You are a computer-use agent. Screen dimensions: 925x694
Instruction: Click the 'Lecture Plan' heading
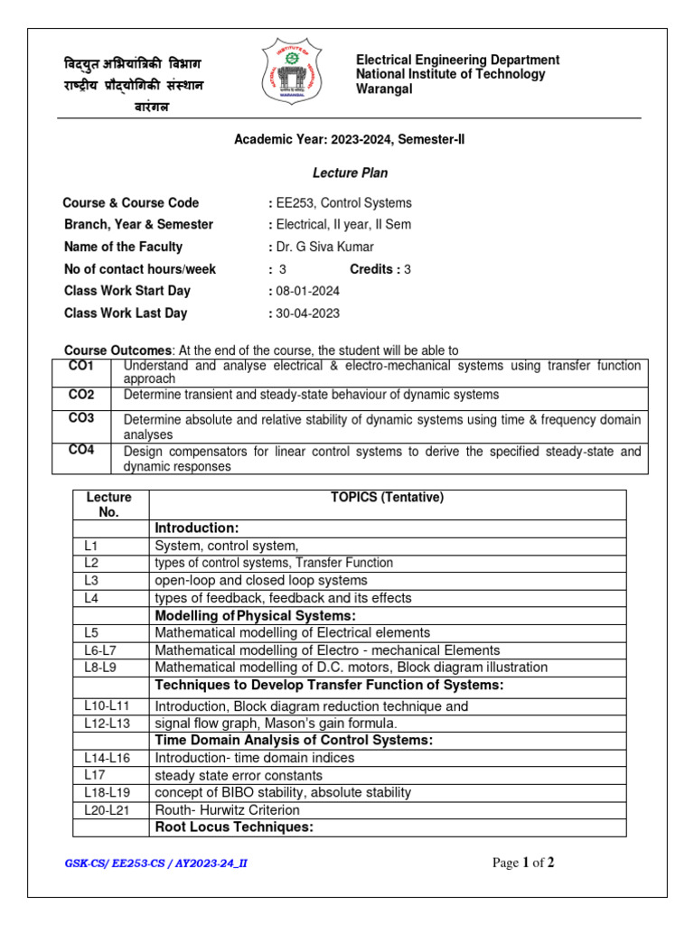(351, 173)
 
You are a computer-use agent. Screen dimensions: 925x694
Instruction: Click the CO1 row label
(81, 366)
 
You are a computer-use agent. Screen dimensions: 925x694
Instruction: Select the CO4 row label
(81, 451)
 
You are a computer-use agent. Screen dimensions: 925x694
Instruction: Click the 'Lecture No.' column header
(109, 504)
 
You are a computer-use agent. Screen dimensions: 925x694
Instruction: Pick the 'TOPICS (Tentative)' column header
(387, 497)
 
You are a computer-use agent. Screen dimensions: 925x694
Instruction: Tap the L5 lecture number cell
(91, 632)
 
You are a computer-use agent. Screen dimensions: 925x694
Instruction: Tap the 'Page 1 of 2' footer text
(522, 863)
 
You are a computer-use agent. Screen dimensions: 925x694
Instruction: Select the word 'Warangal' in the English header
(384, 89)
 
